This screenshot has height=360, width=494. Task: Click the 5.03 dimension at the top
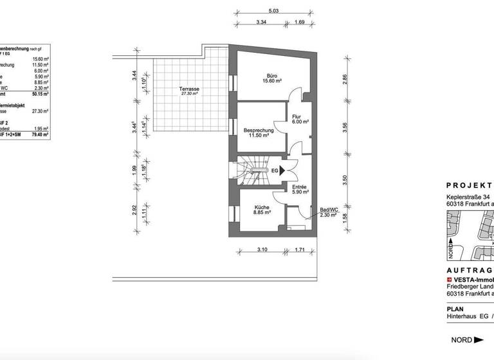[x=273, y=11]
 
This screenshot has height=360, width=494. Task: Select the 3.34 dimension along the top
[x=261, y=22]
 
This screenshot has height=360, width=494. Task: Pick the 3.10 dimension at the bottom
[x=262, y=249]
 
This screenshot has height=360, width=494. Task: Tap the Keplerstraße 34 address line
[x=470, y=197]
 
